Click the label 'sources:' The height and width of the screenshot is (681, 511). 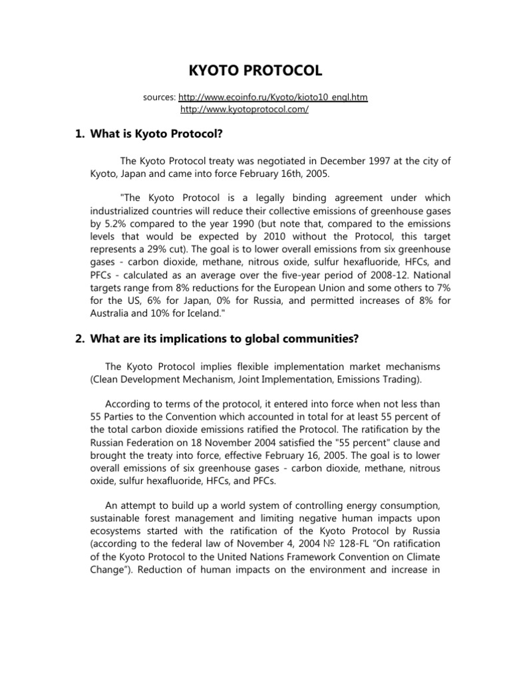(x=160, y=98)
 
